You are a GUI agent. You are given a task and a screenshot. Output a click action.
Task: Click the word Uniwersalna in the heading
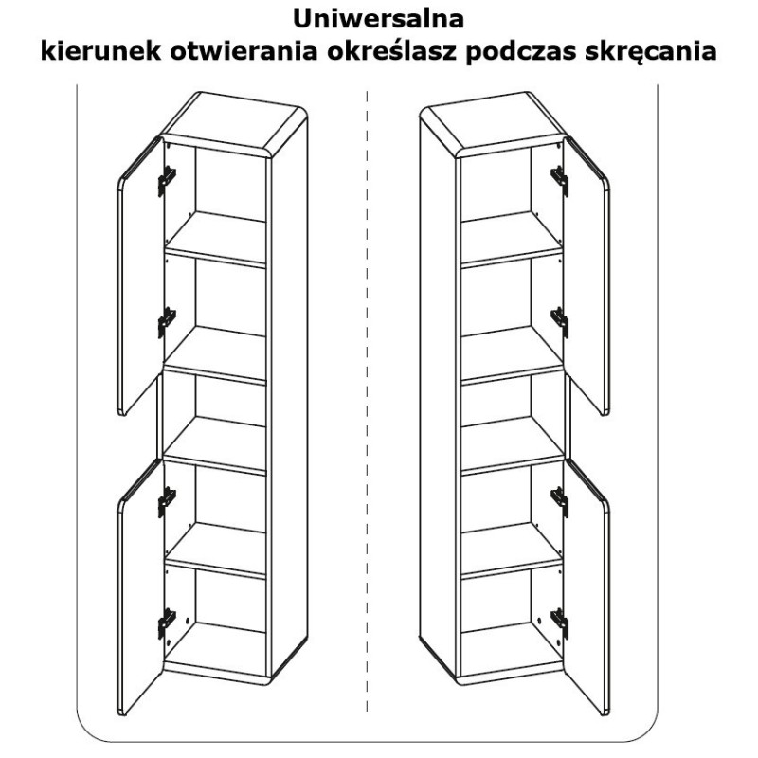(x=378, y=19)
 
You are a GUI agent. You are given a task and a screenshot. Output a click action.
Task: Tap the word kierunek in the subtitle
(x=100, y=51)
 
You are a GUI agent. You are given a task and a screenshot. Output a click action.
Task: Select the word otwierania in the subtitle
(x=244, y=51)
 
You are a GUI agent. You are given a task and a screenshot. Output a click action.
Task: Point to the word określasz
(x=392, y=51)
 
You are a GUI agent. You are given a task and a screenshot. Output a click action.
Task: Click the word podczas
(x=520, y=52)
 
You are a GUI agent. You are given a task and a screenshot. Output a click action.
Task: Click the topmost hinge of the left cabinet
(x=167, y=181)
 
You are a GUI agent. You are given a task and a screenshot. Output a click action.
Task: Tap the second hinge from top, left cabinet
(x=167, y=322)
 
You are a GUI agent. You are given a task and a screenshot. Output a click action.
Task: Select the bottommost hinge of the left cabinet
(x=167, y=623)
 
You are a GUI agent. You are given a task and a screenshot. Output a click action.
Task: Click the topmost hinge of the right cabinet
(x=560, y=181)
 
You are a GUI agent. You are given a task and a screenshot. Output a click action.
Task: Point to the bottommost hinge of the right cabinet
(x=560, y=623)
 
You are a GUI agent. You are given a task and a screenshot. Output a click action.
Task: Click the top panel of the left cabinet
(x=234, y=123)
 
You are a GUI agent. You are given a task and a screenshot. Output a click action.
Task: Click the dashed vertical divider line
(x=367, y=401)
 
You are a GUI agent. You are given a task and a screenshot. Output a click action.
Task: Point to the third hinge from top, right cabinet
(x=560, y=502)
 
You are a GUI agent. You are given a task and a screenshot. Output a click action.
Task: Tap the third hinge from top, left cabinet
(x=167, y=502)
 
